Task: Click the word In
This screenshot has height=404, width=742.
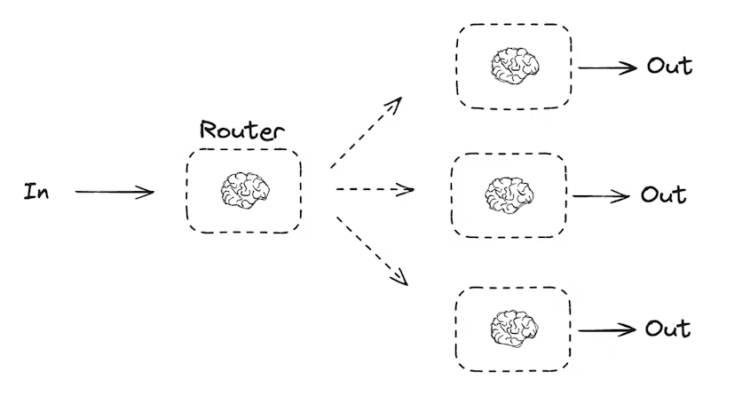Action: click(x=36, y=191)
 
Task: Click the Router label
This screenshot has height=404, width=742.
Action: click(x=242, y=130)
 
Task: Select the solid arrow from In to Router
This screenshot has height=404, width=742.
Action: click(x=114, y=192)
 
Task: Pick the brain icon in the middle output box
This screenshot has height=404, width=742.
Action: click(x=509, y=195)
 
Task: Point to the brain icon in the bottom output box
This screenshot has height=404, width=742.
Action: click(x=514, y=329)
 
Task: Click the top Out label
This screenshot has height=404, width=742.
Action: click(x=669, y=66)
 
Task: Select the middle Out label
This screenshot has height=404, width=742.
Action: click(x=663, y=194)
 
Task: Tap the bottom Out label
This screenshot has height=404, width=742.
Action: click(x=667, y=329)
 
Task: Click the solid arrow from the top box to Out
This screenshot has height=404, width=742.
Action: click(x=607, y=67)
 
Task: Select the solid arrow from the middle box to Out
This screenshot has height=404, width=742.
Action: click(x=602, y=196)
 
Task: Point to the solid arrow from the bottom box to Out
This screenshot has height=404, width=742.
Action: click(x=607, y=329)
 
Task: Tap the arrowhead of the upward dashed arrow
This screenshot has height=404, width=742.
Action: click(x=396, y=103)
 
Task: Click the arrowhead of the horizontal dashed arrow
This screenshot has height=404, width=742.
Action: click(x=408, y=189)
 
